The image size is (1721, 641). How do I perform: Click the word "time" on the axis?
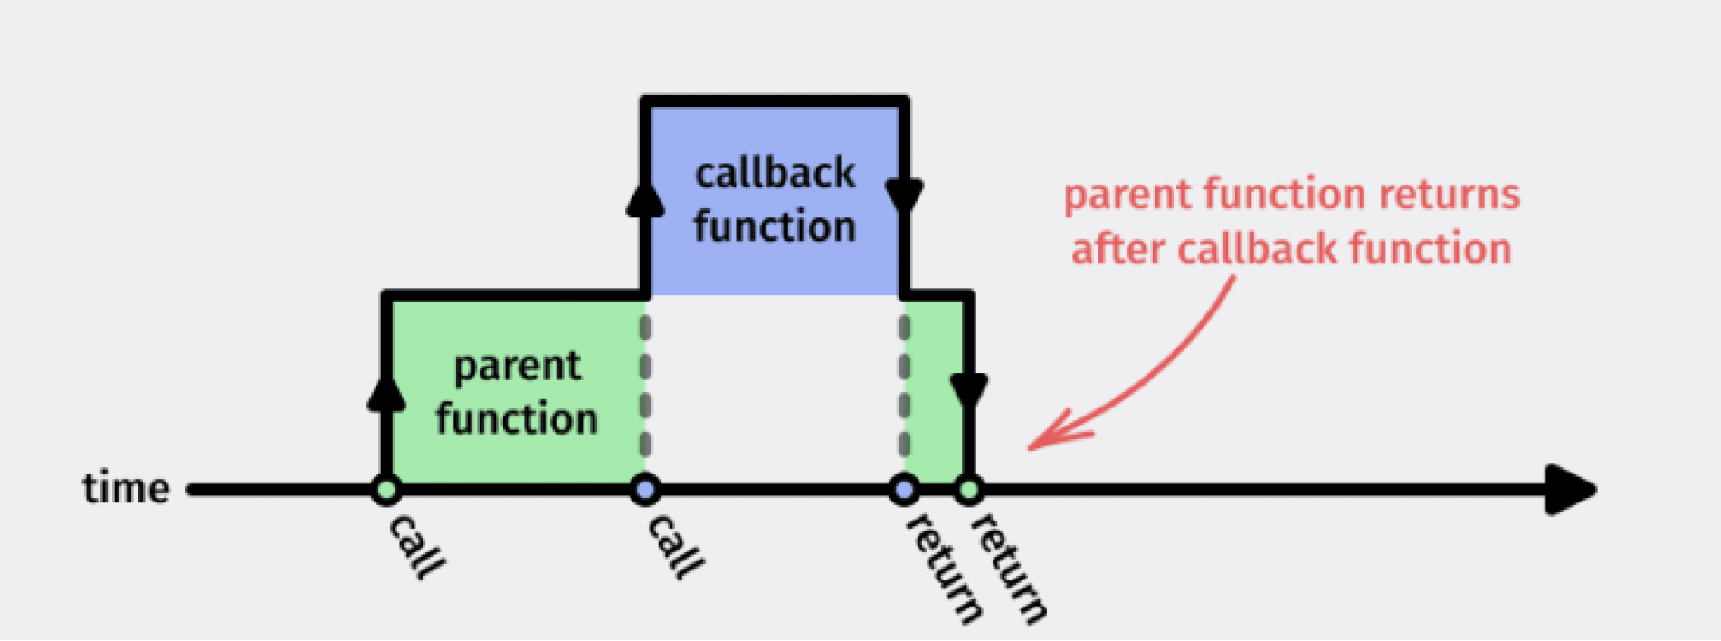pyautogui.click(x=126, y=489)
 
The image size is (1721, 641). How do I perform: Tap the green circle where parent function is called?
pyautogui.click(x=386, y=491)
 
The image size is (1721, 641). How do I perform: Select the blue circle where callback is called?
pyautogui.click(x=645, y=491)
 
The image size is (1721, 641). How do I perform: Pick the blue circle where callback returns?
pyautogui.click(x=904, y=491)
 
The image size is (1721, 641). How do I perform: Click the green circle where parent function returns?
pyautogui.click(x=969, y=491)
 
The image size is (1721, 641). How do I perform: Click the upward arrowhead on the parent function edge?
pyautogui.click(x=386, y=394)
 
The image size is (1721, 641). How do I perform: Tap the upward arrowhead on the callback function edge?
pyautogui.click(x=645, y=198)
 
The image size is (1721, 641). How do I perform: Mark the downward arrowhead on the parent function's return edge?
pyautogui.click(x=969, y=390)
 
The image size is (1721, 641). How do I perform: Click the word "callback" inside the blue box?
pyautogui.click(x=775, y=173)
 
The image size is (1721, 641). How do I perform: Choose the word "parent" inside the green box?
pyautogui.click(x=517, y=366)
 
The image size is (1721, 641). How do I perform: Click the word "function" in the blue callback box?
pyautogui.click(x=775, y=226)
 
